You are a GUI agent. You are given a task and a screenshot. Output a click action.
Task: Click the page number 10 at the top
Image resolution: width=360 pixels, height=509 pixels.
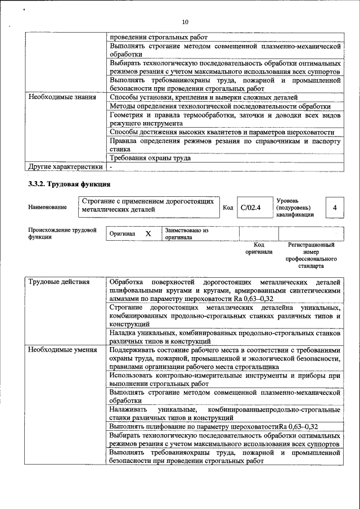click(185, 22)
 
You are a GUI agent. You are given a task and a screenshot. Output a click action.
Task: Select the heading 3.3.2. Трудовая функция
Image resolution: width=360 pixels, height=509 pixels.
click(69, 184)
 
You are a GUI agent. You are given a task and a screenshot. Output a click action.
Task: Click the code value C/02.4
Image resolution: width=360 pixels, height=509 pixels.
click(250, 208)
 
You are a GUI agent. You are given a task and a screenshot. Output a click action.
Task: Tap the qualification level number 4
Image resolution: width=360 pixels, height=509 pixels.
click(335, 208)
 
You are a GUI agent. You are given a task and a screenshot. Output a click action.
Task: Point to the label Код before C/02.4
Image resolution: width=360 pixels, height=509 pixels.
click(228, 208)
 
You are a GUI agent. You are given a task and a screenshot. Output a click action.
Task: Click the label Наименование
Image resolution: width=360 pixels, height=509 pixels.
click(47, 208)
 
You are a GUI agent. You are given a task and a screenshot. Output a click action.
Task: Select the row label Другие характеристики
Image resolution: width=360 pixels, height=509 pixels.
click(65, 166)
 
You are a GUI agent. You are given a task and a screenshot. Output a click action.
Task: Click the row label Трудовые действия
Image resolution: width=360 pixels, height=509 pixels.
click(59, 281)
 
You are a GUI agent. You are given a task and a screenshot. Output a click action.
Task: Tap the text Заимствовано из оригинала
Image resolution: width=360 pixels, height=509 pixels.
click(186, 234)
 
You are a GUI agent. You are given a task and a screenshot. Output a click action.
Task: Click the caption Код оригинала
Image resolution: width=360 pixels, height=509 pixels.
click(258, 249)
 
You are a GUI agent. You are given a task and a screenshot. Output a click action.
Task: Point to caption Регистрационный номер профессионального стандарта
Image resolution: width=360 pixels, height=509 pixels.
click(311, 255)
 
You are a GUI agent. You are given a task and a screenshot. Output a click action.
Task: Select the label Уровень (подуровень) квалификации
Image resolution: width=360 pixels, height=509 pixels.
click(295, 208)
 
